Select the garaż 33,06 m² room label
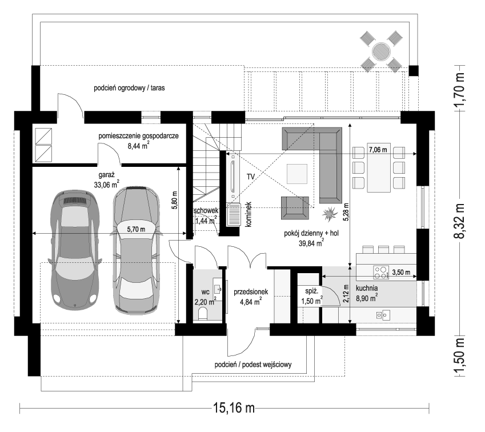107,180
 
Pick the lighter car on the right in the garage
137,250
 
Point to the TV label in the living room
251,177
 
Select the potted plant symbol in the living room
330,215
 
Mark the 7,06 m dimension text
378,150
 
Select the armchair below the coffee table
295,207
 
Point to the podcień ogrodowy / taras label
130,88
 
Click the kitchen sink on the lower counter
383,315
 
